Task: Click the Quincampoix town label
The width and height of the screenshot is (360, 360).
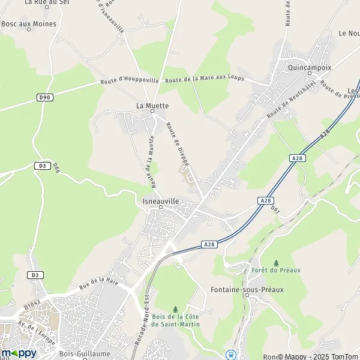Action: coord(309,68)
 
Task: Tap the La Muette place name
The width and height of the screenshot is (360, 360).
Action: coord(152,106)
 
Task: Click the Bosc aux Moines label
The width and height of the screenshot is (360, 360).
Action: coord(29,24)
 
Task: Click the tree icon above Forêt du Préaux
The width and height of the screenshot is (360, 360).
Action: coord(276,263)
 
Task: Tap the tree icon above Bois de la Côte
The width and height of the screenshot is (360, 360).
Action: coord(175,308)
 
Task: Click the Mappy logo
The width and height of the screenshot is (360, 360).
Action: coord(19,353)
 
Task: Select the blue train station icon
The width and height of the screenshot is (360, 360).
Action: coord(229,355)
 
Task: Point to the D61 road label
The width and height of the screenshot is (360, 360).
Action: coord(275,209)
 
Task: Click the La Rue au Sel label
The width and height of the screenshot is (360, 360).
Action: coord(44,2)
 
